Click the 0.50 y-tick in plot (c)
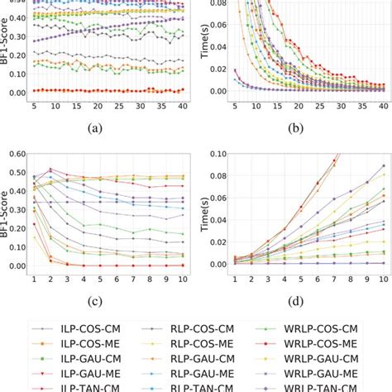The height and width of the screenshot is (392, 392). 17,172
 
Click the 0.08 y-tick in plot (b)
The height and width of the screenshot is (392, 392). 217,5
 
